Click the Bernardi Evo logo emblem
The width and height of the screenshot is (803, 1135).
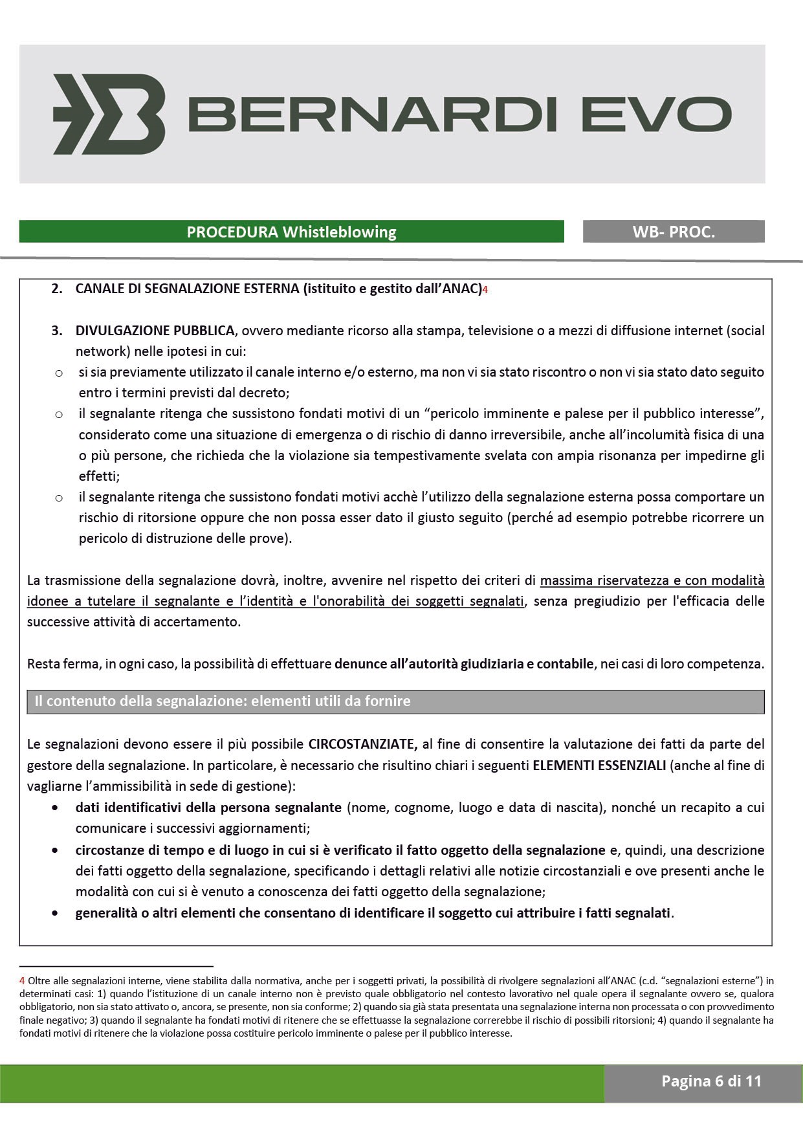click(109, 114)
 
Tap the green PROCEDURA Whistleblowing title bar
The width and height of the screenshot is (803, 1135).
click(291, 232)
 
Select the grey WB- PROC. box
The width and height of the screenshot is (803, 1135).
click(674, 232)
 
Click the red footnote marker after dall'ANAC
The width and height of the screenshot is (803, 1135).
click(485, 291)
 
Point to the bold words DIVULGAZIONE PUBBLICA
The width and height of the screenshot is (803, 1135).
click(155, 331)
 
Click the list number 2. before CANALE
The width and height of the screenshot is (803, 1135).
click(57, 289)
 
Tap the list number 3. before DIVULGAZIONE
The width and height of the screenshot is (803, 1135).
click(57, 331)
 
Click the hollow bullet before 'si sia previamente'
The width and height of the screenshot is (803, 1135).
click(59, 373)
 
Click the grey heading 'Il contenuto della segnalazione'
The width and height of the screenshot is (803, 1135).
click(223, 701)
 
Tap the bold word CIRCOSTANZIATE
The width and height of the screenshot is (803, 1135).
click(362, 744)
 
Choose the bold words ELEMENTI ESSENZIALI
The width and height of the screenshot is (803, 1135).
click(599, 766)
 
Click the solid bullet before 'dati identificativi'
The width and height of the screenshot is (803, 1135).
click(56, 808)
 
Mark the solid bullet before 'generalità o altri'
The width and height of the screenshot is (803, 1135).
click(56, 914)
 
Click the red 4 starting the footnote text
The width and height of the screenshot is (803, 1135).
click(22, 981)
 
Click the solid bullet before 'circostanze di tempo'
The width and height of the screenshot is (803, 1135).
click(56, 850)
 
